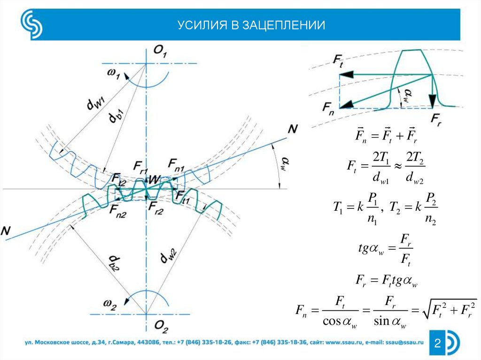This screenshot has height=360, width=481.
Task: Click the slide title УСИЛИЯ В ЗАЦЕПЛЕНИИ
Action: pos(251,25)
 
